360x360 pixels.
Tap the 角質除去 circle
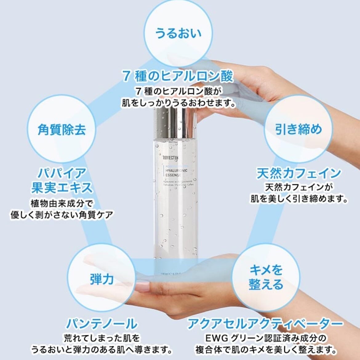pyautogui.click(x=62, y=129)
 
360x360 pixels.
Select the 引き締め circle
pyautogui.click(x=298, y=129)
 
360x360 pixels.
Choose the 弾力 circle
pyautogui.click(x=102, y=279)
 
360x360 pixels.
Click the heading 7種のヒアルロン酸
pyautogui.click(x=178, y=76)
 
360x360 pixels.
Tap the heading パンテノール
pyautogui.click(x=102, y=324)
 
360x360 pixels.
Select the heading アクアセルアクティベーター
pyautogui.click(x=265, y=324)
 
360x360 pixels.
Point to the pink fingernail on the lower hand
pyautogui.click(x=142, y=287)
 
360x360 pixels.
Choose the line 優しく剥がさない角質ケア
pyautogui.click(x=62, y=215)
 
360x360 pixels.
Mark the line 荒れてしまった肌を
pyautogui.click(x=102, y=338)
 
